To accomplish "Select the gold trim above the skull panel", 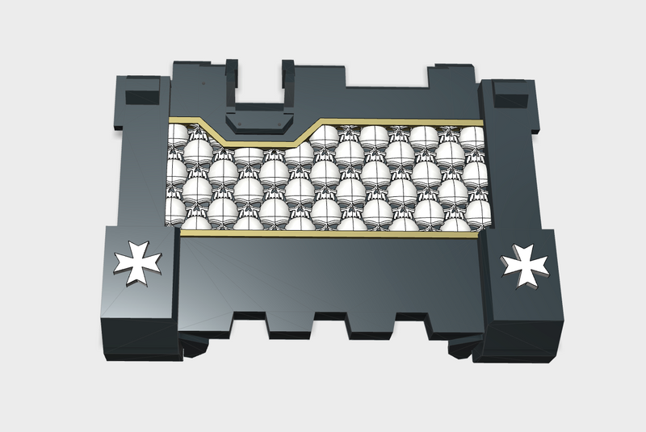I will tap(404, 123).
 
